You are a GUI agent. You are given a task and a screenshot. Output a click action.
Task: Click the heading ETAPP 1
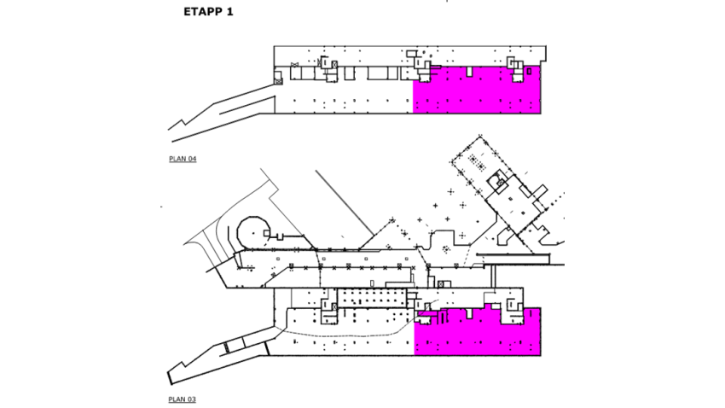click(207, 13)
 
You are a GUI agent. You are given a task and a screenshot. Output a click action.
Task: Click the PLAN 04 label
click(183, 160)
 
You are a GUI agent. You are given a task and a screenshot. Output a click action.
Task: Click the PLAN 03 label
click(183, 399)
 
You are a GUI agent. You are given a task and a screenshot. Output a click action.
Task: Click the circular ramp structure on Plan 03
click(253, 230)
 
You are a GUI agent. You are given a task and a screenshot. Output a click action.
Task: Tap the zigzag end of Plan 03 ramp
click(174, 375)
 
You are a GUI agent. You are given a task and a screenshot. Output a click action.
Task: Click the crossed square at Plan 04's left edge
click(278, 79)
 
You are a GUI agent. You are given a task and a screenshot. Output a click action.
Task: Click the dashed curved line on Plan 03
click(341, 331)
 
